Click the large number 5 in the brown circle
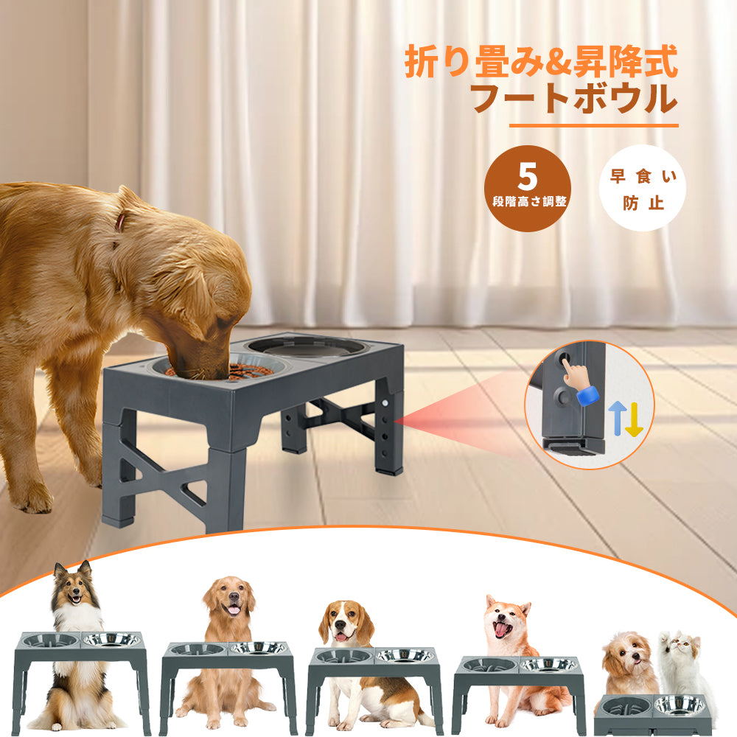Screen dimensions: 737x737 (528, 177)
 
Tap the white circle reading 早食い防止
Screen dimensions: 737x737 (643, 188)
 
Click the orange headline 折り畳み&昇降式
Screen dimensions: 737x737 (541, 62)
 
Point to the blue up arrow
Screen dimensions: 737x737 (615, 418)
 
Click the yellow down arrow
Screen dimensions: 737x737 (634, 419)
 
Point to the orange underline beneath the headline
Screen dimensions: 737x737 (593, 125)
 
